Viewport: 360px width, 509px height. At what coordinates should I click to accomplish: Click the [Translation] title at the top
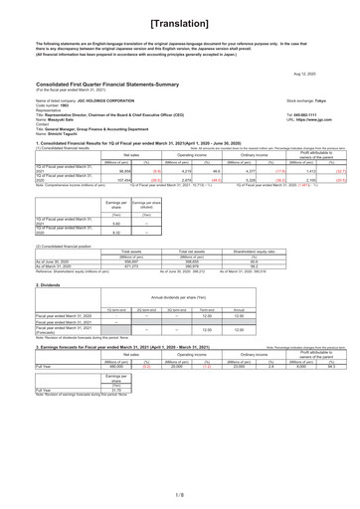click(179, 21)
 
